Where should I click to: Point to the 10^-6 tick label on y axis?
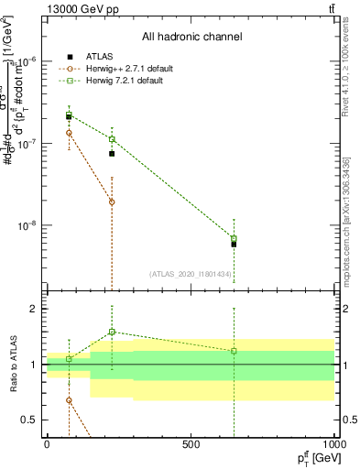click(27, 61)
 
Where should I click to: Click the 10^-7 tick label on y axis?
click(27, 144)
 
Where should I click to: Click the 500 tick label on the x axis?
click(191, 443)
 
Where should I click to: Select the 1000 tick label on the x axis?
click(333, 443)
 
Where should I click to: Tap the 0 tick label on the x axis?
click(47, 443)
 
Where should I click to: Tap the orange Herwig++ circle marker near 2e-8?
click(112, 202)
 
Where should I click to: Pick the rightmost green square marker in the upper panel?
click(234, 239)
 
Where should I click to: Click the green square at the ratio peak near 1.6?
click(112, 332)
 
